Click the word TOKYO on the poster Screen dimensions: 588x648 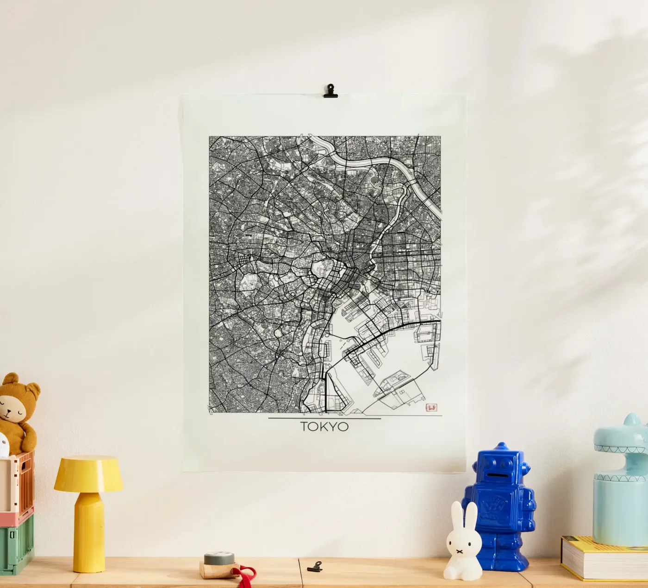[324, 427]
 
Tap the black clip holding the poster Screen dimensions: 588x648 [330, 91]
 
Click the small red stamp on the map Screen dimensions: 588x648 [431, 407]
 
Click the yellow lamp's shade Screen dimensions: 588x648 [88, 474]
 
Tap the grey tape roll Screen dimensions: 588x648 [219, 558]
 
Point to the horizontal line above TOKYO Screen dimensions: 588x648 [324, 419]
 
